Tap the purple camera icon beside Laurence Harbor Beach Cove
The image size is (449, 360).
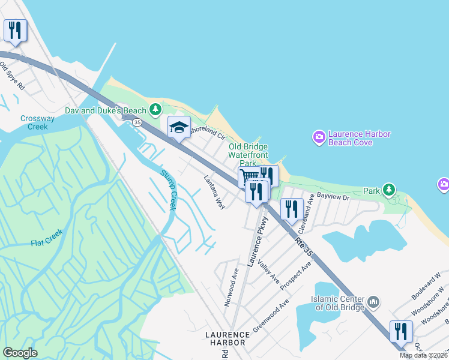pyautogui.click(x=319, y=137)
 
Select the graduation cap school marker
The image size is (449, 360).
pyautogui.click(x=178, y=127)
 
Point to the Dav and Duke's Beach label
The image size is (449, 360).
pyautogui.click(x=106, y=110)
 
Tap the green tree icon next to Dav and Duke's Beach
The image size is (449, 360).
pyautogui.click(x=155, y=109)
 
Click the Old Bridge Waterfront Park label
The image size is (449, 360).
pyautogui.click(x=248, y=155)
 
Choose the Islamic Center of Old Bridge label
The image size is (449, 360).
pyautogui.click(x=337, y=303)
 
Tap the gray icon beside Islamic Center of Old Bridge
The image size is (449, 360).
pyautogui.click(x=373, y=301)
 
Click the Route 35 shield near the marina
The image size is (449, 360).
pyautogui.click(x=137, y=122)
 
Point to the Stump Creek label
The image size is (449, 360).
pyautogui.click(x=169, y=190)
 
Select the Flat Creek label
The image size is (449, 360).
pyautogui.click(x=47, y=242)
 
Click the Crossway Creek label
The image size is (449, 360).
pyautogui.click(x=37, y=122)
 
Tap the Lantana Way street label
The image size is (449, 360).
pyautogui.click(x=214, y=191)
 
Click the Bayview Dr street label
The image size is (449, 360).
pyautogui.click(x=333, y=196)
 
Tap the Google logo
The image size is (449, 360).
pyautogui.click(x=20, y=352)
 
